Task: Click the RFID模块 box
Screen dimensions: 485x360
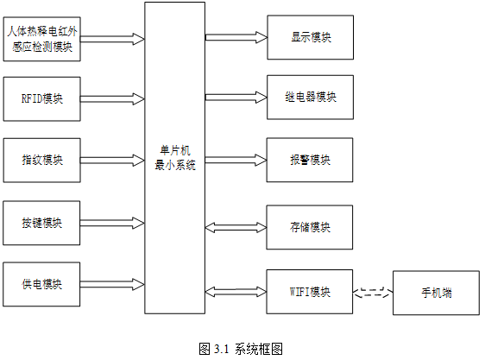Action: click(41, 99)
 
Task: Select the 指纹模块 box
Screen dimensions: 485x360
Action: click(41, 161)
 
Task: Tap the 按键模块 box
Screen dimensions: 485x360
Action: click(41, 223)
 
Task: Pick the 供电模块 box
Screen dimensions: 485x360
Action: click(41, 284)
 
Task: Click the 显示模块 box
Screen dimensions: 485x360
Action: click(310, 37)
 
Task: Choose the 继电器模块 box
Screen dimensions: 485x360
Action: click(310, 98)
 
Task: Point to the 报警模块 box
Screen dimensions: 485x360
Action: click(310, 160)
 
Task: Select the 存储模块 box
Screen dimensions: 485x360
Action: click(310, 227)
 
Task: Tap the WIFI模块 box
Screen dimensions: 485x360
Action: click(310, 292)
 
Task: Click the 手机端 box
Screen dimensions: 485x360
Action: click(436, 293)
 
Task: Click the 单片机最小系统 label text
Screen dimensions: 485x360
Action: click(175, 158)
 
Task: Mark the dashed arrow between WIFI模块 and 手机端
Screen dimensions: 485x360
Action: click(373, 292)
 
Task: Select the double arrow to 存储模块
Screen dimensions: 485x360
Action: click(236, 228)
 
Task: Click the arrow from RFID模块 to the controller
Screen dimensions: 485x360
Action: click(112, 99)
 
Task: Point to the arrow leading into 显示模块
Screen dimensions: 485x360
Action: click(236, 37)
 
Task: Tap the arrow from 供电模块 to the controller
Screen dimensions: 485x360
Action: click(112, 284)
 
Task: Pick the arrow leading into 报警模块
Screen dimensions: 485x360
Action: click(236, 160)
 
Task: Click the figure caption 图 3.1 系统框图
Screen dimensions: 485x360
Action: click(241, 349)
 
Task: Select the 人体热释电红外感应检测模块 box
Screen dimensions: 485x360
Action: click(41, 39)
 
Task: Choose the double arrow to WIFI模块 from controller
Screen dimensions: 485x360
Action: click(236, 292)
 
